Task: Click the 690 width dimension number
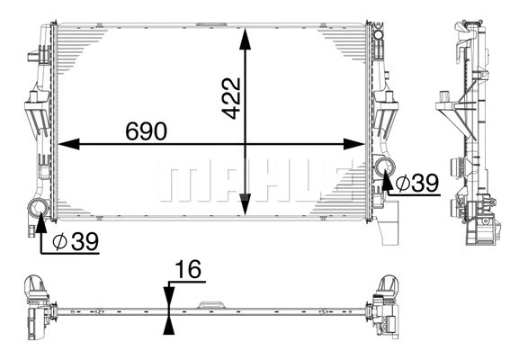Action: click(x=147, y=131)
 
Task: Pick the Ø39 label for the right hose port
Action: click(x=416, y=183)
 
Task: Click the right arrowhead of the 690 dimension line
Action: click(x=361, y=143)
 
